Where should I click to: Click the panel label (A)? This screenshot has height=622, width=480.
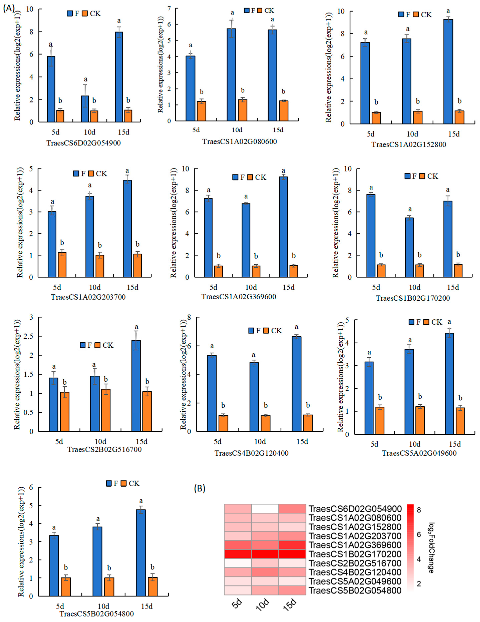point(9,8)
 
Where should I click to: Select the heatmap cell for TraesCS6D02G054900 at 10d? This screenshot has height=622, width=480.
point(265,509)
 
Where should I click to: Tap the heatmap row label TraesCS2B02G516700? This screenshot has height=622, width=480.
point(355,563)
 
